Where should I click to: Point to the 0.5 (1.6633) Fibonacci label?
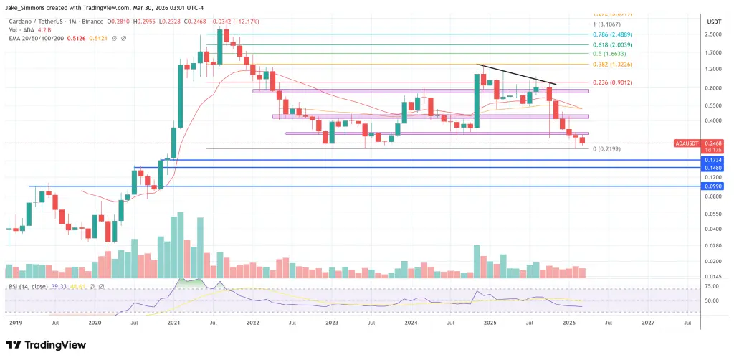pos(622,53)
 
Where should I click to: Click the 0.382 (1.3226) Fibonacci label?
pos(626,65)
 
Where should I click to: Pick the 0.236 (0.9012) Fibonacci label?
pos(626,82)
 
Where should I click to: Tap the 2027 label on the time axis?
pos(648,323)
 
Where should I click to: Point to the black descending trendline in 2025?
pos(516,75)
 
